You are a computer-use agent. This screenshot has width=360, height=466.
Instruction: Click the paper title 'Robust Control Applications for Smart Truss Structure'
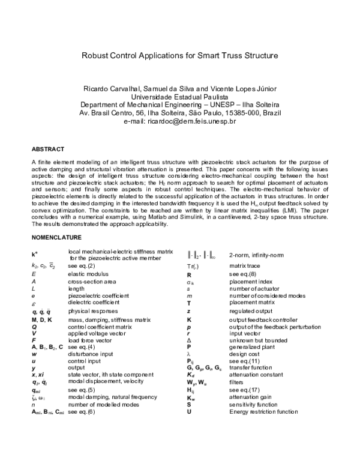[x=180, y=56]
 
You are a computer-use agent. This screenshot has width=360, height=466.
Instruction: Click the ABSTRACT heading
[x=49, y=148]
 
